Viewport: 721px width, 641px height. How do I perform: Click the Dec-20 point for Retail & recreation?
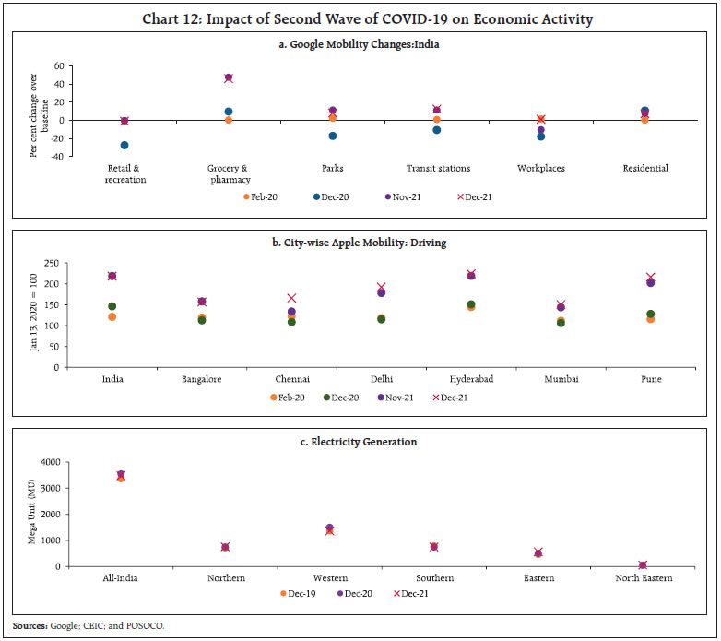pyautogui.click(x=124, y=145)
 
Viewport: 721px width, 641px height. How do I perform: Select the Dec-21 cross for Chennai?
pyautogui.click(x=291, y=298)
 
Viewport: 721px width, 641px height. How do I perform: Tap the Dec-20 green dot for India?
pyautogui.click(x=112, y=306)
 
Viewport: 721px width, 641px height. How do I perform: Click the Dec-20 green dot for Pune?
pyautogui.click(x=651, y=315)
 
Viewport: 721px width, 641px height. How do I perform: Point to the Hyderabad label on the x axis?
pyautogui.click(x=471, y=379)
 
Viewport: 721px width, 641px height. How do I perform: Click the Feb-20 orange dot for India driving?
pyautogui.click(x=112, y=316)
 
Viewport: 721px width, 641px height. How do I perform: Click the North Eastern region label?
pyautogui.click(x=644, y=578)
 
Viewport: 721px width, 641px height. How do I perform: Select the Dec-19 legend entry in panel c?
pyautogui.click(x=296, y=593)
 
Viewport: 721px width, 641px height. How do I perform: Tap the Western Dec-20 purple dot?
pyautogui.click(x=329, y=528)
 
